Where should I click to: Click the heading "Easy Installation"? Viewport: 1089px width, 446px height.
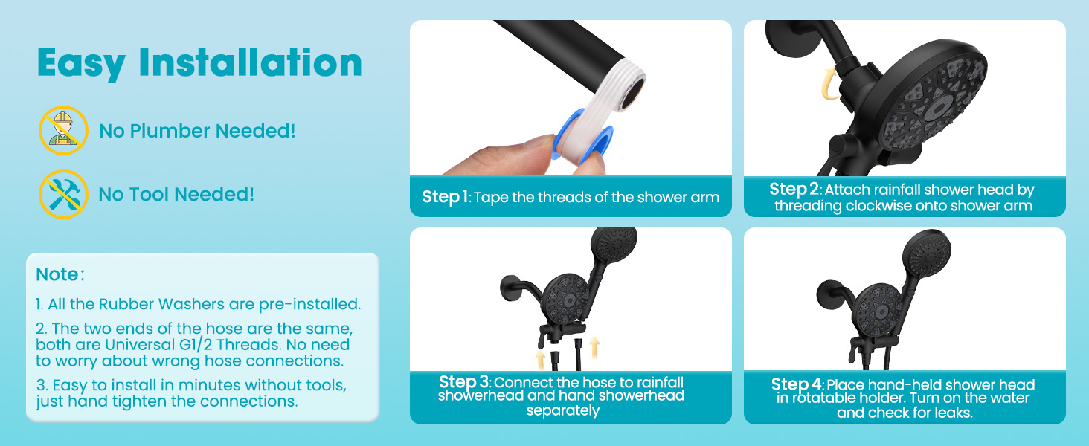pyautogui.click(x=199, y=63)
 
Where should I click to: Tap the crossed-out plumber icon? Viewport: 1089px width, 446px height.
pyautogui.click(x=63, y=130)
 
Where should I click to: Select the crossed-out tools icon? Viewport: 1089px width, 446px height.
pyautogui.click(x=63, y=194)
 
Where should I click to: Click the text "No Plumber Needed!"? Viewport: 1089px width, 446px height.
pyautogui.click(x=197, y=131)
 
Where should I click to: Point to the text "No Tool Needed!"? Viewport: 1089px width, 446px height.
pyautogui.click(x=176, y=195)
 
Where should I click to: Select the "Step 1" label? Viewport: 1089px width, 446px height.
pyautogui.click(x=446, y=197)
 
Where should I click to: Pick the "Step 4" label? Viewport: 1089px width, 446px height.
pyautogui.click(x=797, y=384)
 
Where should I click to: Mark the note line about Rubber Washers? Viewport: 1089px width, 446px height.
pyautogui.click(x=198, y=304)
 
